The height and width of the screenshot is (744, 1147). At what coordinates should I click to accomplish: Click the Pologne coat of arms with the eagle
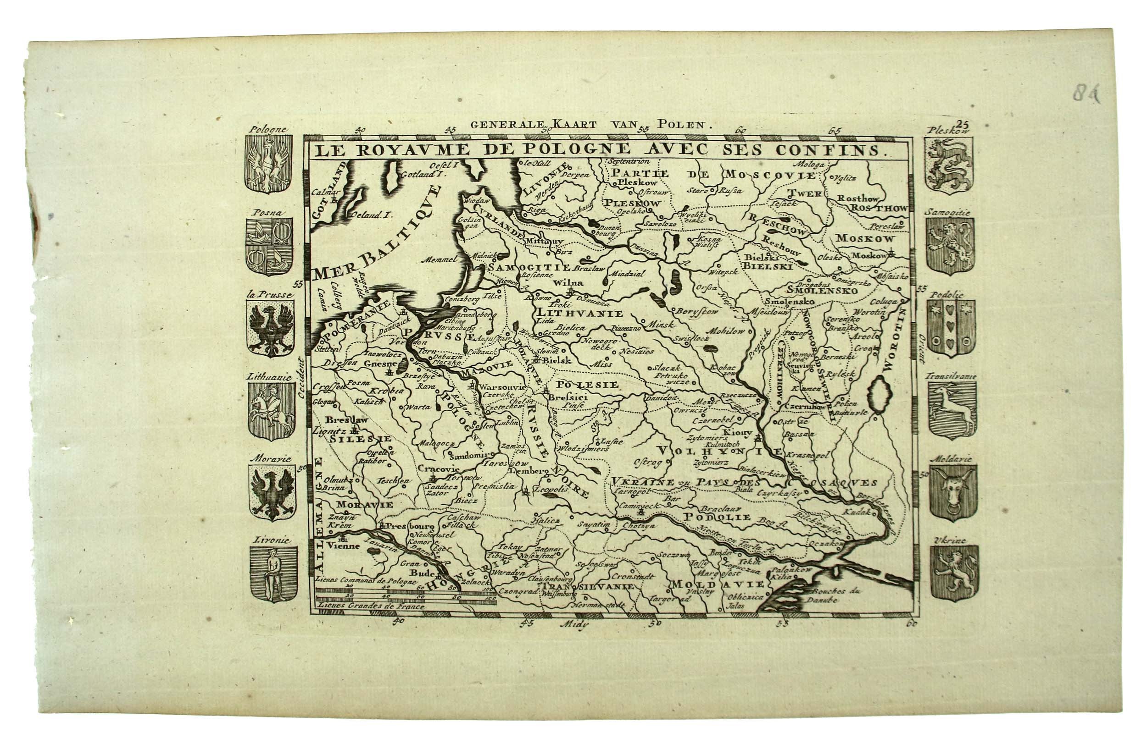pos(268,164)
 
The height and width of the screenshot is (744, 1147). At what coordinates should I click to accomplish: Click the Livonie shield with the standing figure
pos(273,574)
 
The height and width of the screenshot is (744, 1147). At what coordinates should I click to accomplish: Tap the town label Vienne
pos(343,546)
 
